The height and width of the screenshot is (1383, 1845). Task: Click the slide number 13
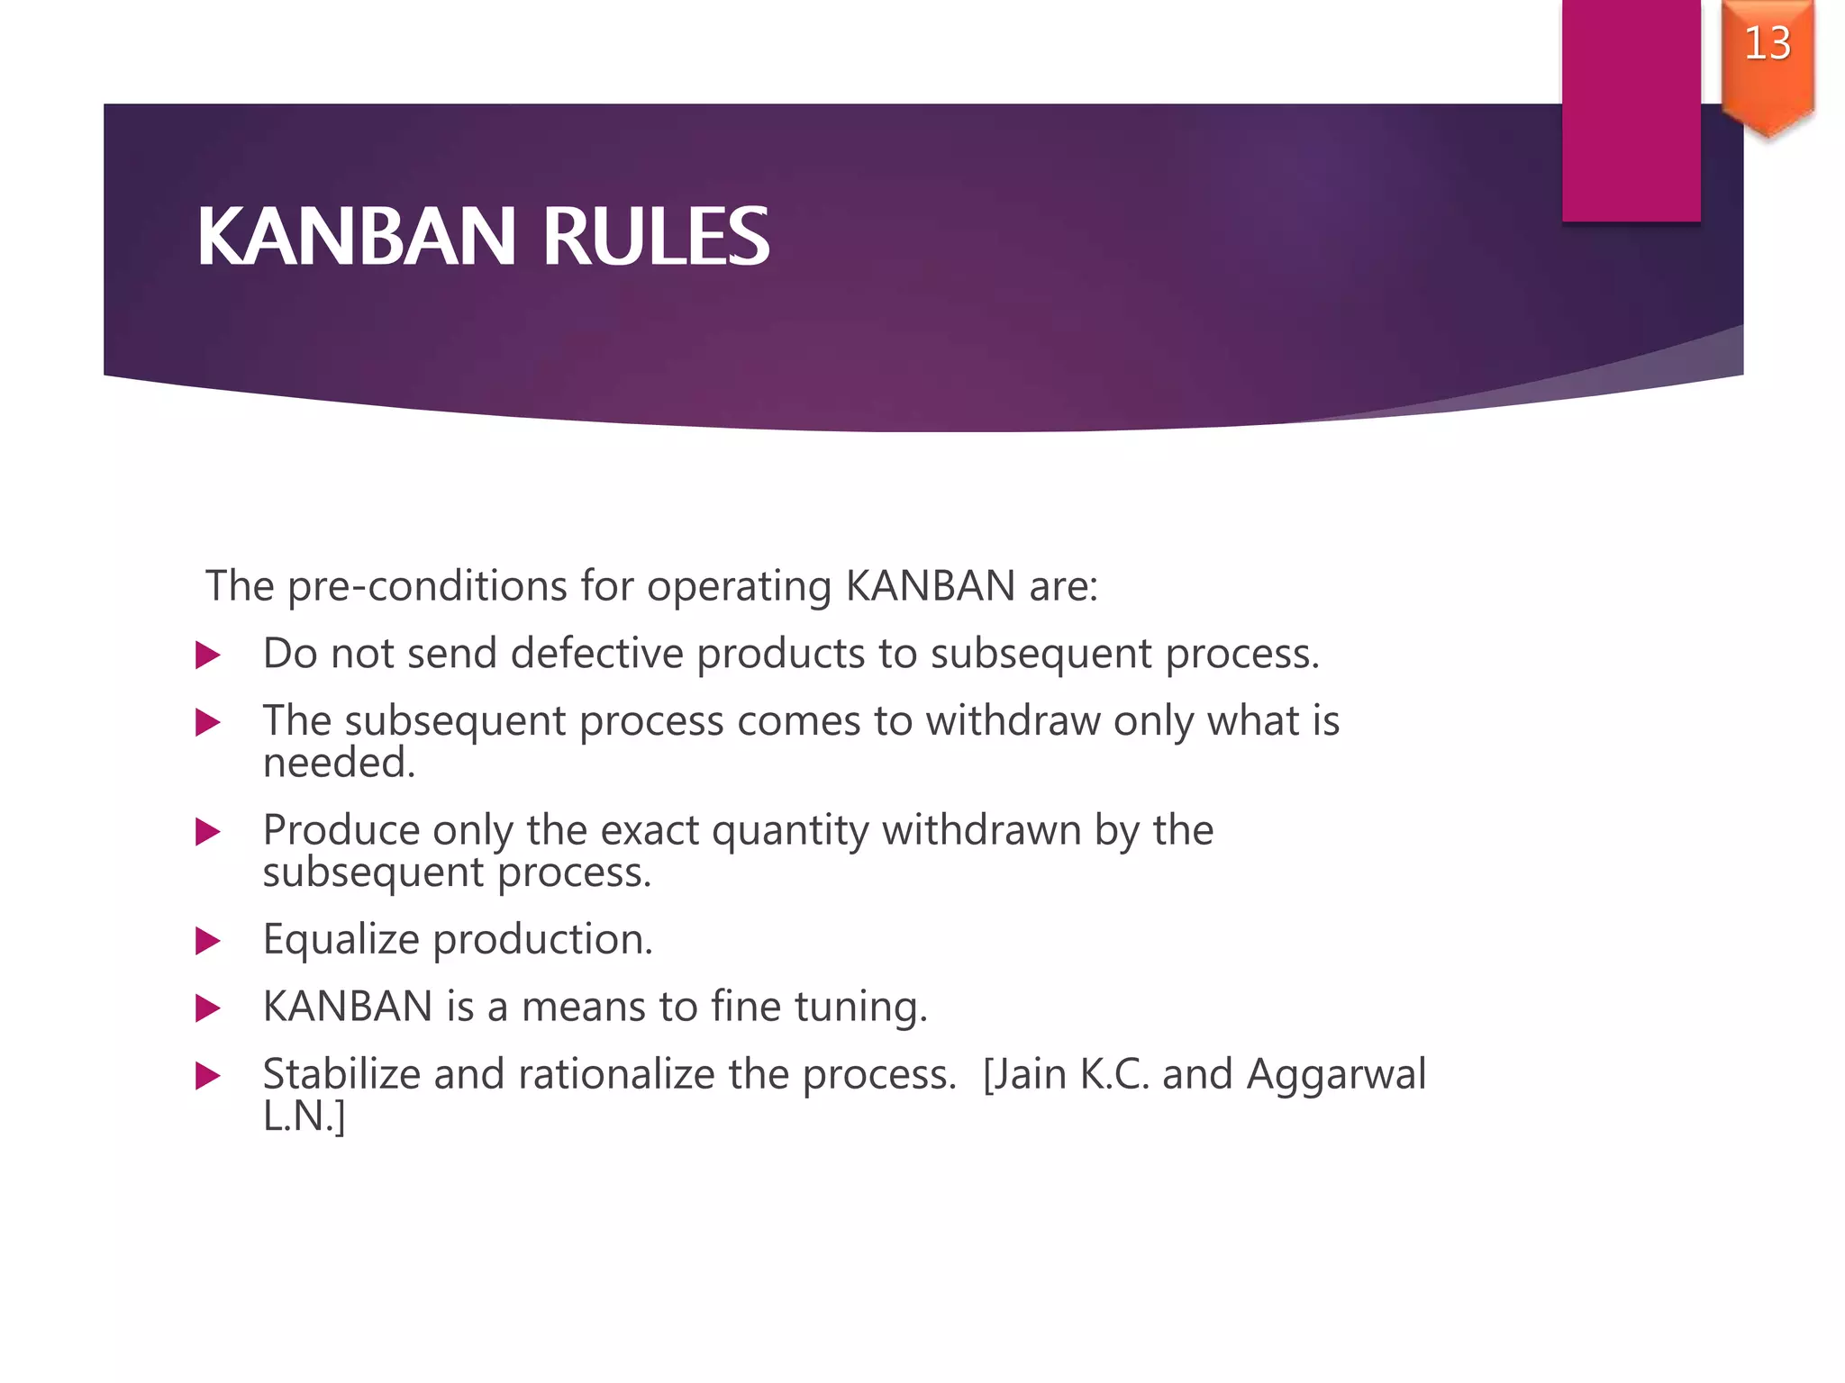pyautogui.click(x=1767, y=43)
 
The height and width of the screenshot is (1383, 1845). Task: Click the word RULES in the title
pyautogui.click(x=655, y=237)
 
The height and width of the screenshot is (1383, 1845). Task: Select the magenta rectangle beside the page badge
pyautogui.click(x=1631, y=110)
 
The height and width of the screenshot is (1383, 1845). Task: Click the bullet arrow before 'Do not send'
pyautogui.click(x=208, y=655)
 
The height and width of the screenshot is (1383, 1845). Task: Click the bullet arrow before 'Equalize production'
pyautogui.click(x=208, y=942)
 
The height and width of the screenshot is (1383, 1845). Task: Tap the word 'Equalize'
pyautogui.click(x=341, y=940)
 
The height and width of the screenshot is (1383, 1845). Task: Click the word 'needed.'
pyautogui.click(x=339, y=764)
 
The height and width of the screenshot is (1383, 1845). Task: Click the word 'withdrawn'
pyautogui.click(x=981, y=829)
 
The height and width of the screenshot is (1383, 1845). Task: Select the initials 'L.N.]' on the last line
pyautogui.click(x=304, y=1116)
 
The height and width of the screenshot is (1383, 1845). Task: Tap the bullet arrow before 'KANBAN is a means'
pyautogui.click(x=208, y=1008)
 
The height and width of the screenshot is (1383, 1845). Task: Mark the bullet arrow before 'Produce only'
pyautogui.click(x=208, y=832)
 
